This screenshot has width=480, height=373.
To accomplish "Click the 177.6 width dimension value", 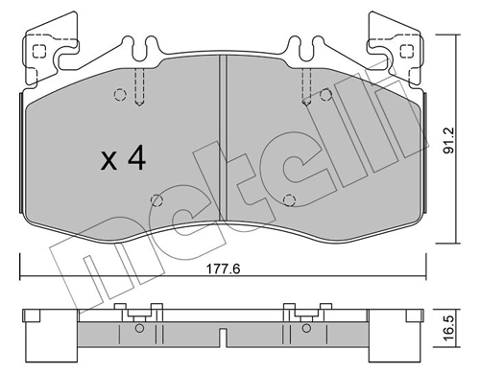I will click(220, 271).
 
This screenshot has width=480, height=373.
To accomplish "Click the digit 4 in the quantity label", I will click(136, 158).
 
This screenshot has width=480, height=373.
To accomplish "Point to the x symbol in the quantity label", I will click(108, 161).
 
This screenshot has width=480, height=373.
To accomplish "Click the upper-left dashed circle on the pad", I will click(120, 94).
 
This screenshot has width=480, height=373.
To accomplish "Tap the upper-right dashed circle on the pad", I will click(326, 94).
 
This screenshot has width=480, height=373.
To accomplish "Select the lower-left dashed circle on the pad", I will click(155, 200).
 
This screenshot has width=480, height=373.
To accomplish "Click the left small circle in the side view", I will click(140, 329).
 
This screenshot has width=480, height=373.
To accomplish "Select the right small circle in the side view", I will click(304, 329).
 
